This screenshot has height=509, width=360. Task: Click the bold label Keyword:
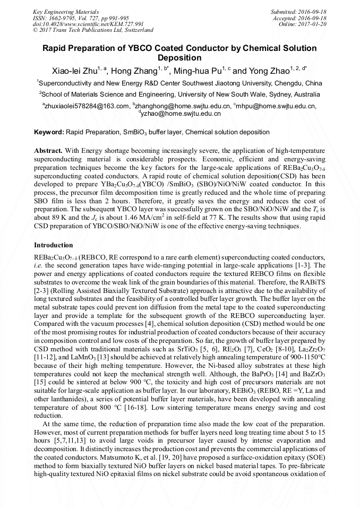(49, 132)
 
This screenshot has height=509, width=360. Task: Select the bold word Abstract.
(49, 151)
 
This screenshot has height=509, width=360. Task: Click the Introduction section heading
(54, 245)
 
